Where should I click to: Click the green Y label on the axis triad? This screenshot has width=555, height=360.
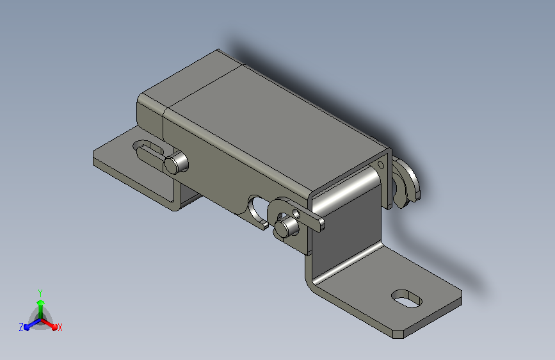[40, 293]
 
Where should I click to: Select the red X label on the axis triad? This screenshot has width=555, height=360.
[60, 327]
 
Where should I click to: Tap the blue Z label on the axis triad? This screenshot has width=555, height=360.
[21, 327]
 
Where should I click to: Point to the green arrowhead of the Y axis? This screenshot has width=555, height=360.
[41, 302]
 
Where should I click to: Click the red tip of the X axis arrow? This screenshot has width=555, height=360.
[54, 327]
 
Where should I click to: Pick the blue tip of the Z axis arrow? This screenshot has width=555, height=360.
[26, 327]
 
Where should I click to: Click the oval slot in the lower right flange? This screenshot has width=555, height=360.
[406, 299]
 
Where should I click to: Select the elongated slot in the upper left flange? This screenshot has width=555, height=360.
[149, 150]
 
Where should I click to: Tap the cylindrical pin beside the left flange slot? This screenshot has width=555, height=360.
[176, 163]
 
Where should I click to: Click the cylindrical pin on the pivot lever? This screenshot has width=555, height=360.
[286, 227]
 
